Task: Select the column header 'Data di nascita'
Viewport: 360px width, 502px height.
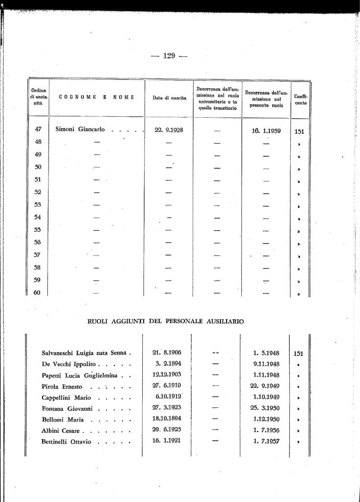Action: pos(169,98)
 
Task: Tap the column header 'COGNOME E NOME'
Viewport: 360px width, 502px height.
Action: pos(96,97)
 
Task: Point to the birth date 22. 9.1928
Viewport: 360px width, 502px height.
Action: pos(168,130)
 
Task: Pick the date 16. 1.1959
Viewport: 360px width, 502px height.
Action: pos(266,131)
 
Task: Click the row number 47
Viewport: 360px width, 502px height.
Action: pos(38,129)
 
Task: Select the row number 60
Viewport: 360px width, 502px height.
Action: pos(37,293)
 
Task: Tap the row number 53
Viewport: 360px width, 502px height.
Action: pos(38,204)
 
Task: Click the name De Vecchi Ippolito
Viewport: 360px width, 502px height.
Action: pos(70,364)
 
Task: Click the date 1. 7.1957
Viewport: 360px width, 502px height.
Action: pos(266,442)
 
